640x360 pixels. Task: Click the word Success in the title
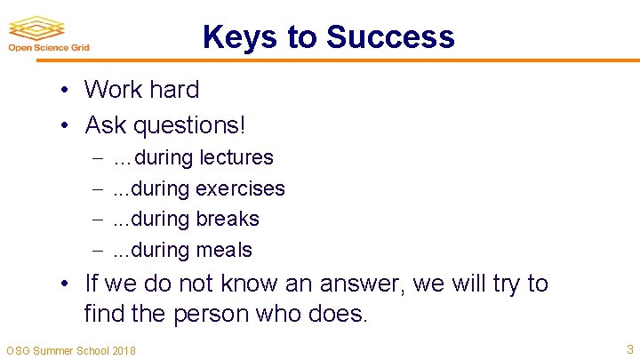(390, 37)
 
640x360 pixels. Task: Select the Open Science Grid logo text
(48, 48)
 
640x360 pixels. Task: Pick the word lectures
(236, 158)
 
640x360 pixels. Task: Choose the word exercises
(240, 189)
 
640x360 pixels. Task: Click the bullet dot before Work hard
(67, 91)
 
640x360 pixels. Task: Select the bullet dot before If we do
(67, 285)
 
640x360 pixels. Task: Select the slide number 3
(628, 349)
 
